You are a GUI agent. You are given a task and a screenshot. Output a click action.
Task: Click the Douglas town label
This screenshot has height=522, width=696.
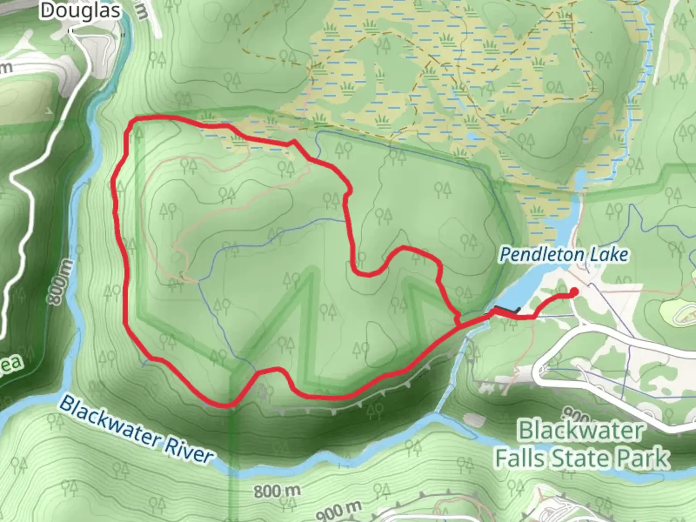pyautogui.click(x=80, y=11)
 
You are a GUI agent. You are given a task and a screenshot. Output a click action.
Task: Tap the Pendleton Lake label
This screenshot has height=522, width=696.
pyautogui.click(x=564, y=254)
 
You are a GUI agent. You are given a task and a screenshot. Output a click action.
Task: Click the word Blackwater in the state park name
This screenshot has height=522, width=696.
pyautogui.click(x=581, y=430)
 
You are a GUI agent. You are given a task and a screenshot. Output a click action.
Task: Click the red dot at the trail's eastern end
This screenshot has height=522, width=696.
pyautogui.click(x=574, y=291)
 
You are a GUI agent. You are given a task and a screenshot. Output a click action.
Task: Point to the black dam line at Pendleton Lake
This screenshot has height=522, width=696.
pyautogui.click(x=507, y=309)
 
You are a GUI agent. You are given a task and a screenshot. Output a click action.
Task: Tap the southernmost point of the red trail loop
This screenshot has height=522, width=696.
pyautogui.click(x=225, y=406)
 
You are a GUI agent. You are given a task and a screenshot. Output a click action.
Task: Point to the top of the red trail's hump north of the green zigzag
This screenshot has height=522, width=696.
pyautogui.click(x=406, y=249)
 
